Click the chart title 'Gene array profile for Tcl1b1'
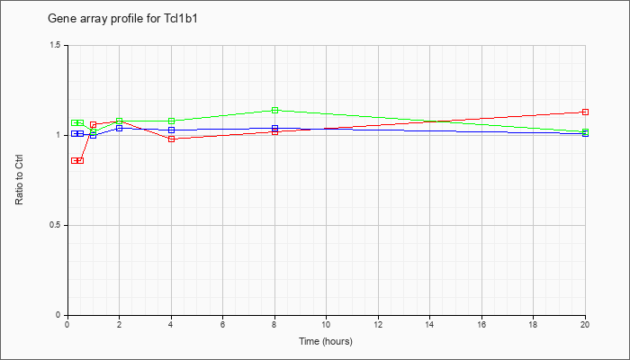pos(122,19)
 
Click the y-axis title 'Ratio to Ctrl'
pos(19,180)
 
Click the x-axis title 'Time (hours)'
pos(326,341)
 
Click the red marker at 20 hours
pos(585,112)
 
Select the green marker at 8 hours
pos(274,110)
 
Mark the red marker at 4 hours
pos(172,139)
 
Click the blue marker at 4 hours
pos(172,130)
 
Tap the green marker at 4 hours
pos(172,121)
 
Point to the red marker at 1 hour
pos(94,124)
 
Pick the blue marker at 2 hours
pos(120,128)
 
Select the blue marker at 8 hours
pos(274,128)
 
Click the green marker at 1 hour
pos(94,131)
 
